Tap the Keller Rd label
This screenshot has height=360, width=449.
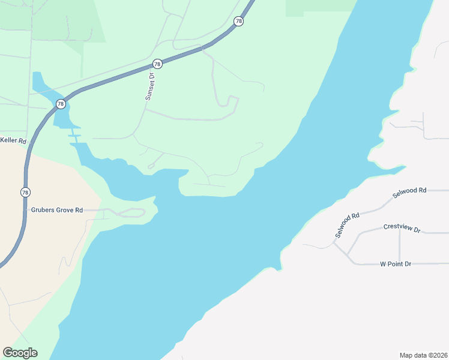point(14,141)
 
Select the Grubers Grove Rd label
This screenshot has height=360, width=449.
point(56,211)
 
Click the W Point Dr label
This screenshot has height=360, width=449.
point(396,264)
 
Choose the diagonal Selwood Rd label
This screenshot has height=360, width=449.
point(347,224)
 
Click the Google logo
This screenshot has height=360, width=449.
point(20,353)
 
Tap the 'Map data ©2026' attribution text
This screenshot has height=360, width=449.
point(422,355)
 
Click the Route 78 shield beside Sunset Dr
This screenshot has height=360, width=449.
point(157,64)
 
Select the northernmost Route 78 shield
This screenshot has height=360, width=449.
point(239,22)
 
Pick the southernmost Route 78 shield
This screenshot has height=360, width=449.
point(25,192)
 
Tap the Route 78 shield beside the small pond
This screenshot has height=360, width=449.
point(60,104)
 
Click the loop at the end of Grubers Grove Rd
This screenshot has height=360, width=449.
point(136,212)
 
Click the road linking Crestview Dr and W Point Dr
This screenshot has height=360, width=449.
point(400,246)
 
